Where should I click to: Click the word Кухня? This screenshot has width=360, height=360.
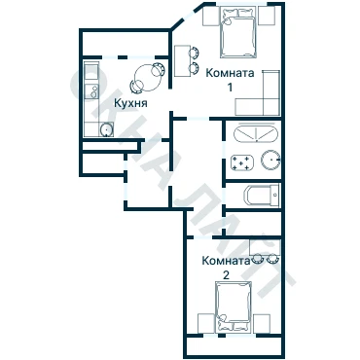tap(130, 103)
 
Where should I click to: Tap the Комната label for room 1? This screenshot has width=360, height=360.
tap(230, 73)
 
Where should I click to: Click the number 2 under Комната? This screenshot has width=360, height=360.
tap(226, 275)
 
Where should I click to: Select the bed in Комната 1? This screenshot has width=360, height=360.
tap(238, 33)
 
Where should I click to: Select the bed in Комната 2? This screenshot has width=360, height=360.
tap(234, 306)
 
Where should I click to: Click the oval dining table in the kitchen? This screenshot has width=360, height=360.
tap(148, 77)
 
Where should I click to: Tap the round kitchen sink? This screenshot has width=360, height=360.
tap(106, 129)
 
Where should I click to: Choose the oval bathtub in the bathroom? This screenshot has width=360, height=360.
tap(256, 134)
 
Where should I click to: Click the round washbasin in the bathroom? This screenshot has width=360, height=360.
tap(270, 160)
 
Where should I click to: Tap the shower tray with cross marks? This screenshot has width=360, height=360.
tap(241, 162)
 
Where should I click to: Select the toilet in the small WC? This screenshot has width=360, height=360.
tap(261, 195)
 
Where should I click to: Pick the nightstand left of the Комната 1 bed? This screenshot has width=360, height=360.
tap(210, 16)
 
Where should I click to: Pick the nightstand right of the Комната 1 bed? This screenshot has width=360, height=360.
tap(267, 16)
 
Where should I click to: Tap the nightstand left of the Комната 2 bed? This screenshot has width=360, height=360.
tap(205, 323)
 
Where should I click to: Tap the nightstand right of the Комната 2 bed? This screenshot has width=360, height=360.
tap(262, 323)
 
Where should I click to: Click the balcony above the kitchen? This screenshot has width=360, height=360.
tap(125, 44)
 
